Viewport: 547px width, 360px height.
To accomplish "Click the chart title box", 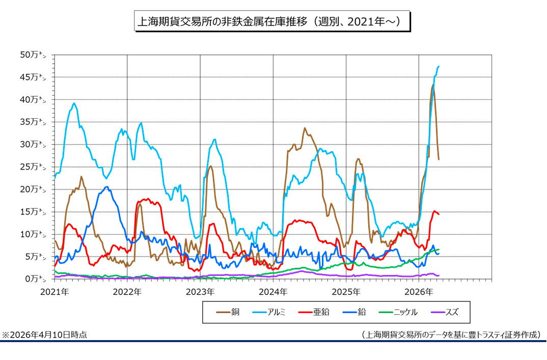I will (x=272, y=22).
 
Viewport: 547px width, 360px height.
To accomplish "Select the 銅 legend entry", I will (x=229, y=312).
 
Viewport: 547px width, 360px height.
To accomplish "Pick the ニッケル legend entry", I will (x=398, y=312).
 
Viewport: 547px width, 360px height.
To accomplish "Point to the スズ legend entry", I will (x=444, y=312).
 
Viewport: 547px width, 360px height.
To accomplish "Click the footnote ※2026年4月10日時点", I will (x=44, y=335).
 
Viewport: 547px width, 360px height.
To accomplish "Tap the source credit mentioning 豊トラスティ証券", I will (x=451, y=335).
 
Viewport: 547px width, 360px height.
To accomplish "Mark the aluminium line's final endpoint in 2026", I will (x=439, y=66).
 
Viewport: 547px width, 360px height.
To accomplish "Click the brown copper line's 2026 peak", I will (x=432, y=86).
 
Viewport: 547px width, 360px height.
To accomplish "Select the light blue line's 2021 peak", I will (x=74, y=103).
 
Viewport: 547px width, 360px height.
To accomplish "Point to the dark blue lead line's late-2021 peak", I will (x=106, y=187).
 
